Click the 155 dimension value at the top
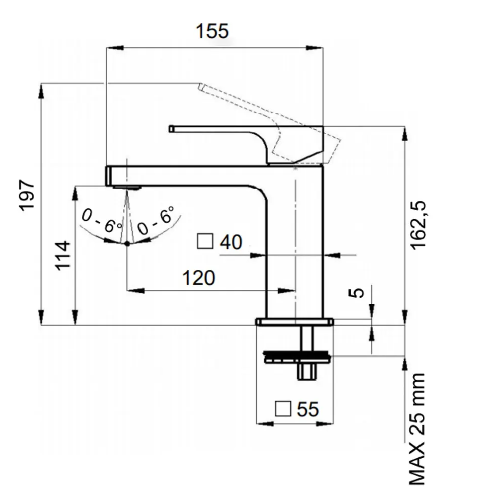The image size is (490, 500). point(212,31)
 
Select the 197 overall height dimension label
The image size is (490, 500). point(27,195)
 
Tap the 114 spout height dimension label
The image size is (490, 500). point(63,255)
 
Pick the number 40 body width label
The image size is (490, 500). point(231,243)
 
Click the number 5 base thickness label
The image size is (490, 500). point(357,293)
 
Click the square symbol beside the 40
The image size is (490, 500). point(204,242)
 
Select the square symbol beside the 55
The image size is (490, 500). point(284,409)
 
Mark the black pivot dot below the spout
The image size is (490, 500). point(127,244)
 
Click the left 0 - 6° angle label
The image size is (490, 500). point(101,221)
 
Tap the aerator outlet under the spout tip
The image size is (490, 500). point(126,188)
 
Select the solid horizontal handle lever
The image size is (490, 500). point(217,129)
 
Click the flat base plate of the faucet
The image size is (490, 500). point(295,321)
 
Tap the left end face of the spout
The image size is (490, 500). point(108,176)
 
